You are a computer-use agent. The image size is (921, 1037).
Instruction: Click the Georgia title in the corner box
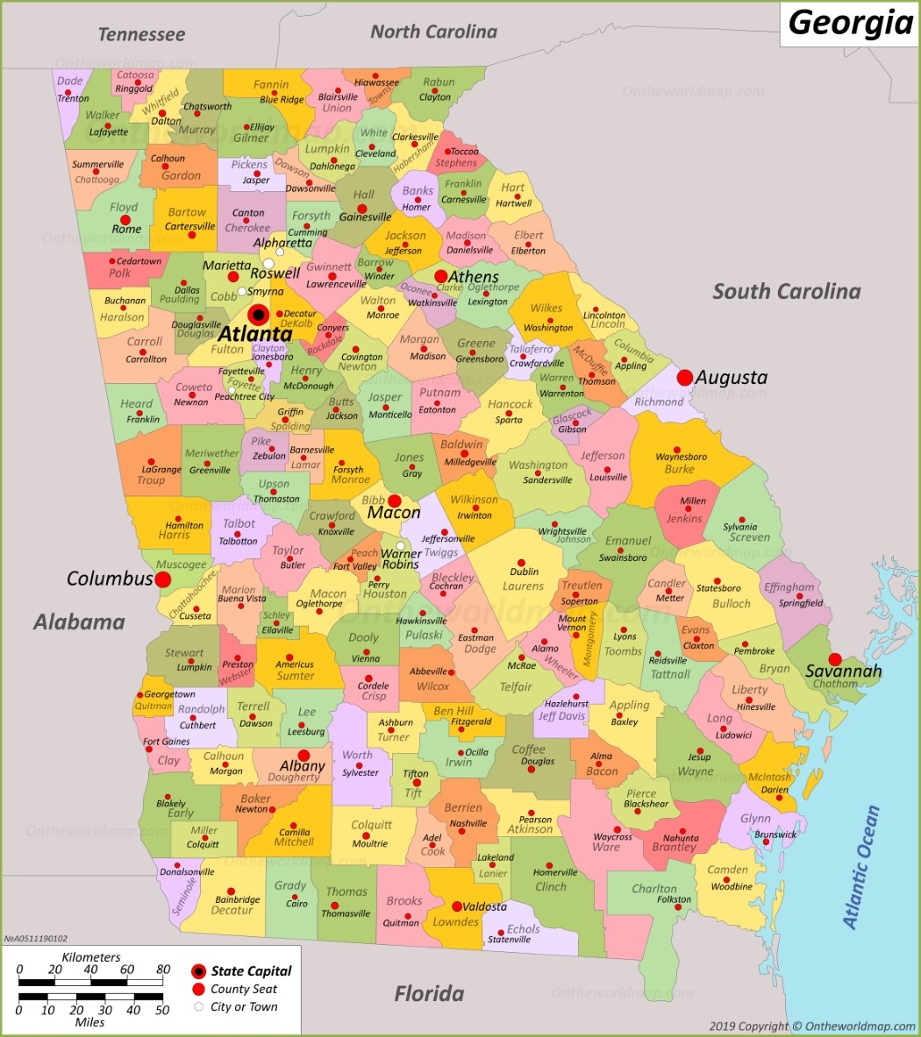click(x=850, y=22)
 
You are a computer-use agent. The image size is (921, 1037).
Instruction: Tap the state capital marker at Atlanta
click(x=258, y=315)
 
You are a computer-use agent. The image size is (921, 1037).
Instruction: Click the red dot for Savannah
click(x=835, y=659)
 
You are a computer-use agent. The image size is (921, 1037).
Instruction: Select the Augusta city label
click(x=732, y=378)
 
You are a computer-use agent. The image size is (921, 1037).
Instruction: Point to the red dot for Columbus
click(x=163, y=579)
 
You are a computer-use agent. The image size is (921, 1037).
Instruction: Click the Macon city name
click(x=394, y=513)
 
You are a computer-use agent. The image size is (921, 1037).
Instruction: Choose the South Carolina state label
click(x=786, y=291)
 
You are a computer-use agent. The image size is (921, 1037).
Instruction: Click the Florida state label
click(x=429, y=994)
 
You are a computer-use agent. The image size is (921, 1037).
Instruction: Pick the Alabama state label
click(x=79, y=622)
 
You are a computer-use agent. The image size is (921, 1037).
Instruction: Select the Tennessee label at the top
click(x=141, y=35)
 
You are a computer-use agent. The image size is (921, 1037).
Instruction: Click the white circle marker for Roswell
click(x=268, y=263)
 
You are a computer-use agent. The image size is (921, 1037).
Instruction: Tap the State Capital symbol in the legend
click(x=199, y=971)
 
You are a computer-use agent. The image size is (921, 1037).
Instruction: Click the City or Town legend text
click(x=244, y=1007)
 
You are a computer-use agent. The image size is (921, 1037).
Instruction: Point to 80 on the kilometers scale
click(x=163, y=970)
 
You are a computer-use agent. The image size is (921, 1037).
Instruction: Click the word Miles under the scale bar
click(x=90, y=1022)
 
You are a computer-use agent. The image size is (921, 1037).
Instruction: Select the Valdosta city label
click(x=484, y=906)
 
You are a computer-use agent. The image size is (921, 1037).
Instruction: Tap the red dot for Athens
click(x=440, y=276)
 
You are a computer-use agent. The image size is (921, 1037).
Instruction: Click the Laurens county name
click(x=523, y=586)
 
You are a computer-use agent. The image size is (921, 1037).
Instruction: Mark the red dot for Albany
click(x=303, y=755)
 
